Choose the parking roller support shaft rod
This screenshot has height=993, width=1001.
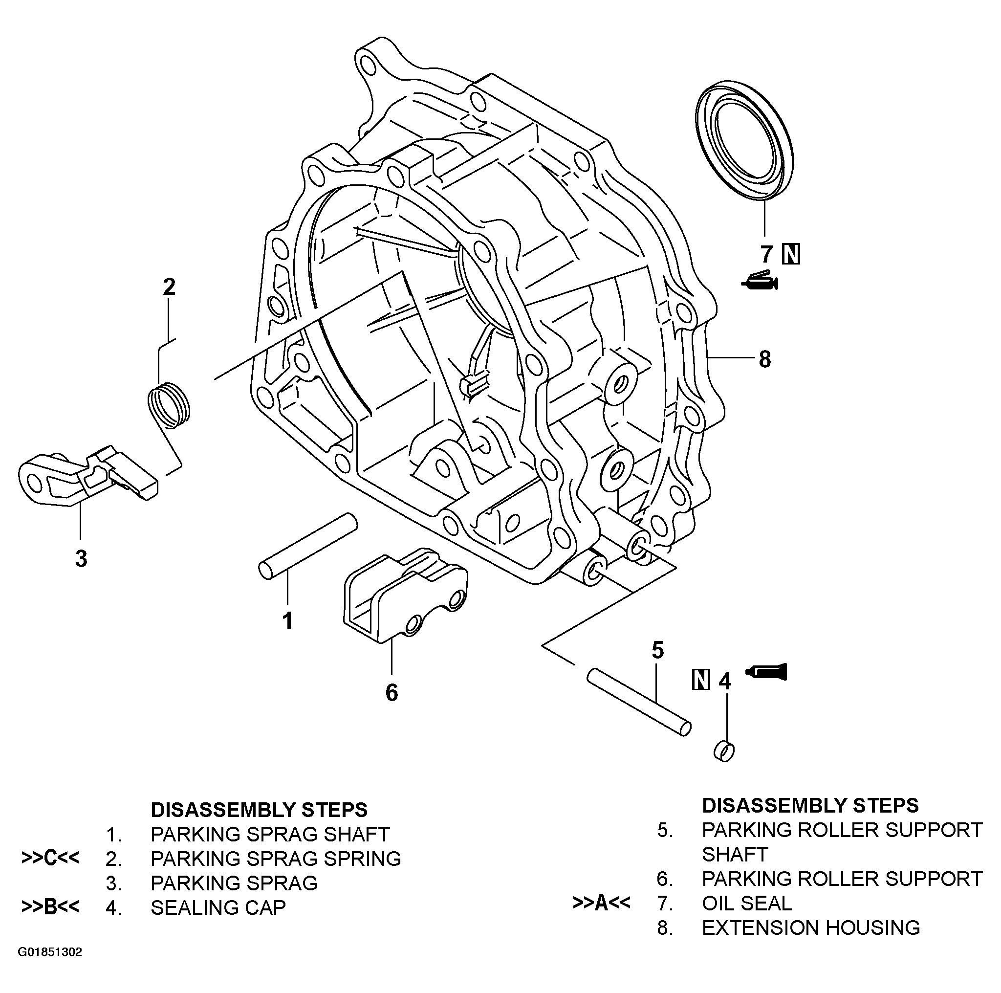click(x=639, y=702)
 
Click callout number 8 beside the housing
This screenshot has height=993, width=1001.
click(x=764, y=359)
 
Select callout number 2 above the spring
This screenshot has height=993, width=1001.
click(x=170, y=287)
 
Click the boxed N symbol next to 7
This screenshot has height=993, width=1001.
click(x=791, y=254)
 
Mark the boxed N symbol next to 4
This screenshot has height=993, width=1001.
click(x=701, y=680)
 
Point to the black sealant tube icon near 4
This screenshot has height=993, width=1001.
click(x=767, y=672)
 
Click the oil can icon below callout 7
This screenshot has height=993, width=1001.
click(x=760, y=282)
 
